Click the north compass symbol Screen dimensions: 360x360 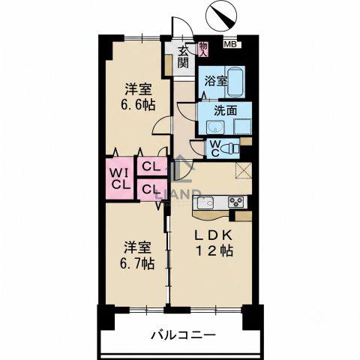tap(220, 16)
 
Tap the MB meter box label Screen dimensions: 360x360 tap(228, 44)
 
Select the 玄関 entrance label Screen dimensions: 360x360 tap(183, 57)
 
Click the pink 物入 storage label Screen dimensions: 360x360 tap(203, 49)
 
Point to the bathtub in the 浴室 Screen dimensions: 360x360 tap(235, 82)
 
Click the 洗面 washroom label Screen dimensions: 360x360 tap(225, 111)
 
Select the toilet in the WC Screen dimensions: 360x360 tap(231, 148)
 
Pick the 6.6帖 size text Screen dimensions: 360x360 tap(138, 105)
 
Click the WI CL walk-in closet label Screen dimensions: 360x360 tap(121, 178)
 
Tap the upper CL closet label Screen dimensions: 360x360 tap(151, 166)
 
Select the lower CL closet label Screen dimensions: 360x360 tap(151, 189)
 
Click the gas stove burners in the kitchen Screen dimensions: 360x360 tap(236, 202)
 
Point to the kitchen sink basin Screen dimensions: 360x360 tap(205, 202)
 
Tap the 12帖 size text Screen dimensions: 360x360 tap(214, 250)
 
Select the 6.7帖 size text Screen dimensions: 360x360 tap(137, 263)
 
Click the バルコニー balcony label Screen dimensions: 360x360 tap(183, 334)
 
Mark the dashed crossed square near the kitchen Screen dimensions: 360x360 tap(244, 170)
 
